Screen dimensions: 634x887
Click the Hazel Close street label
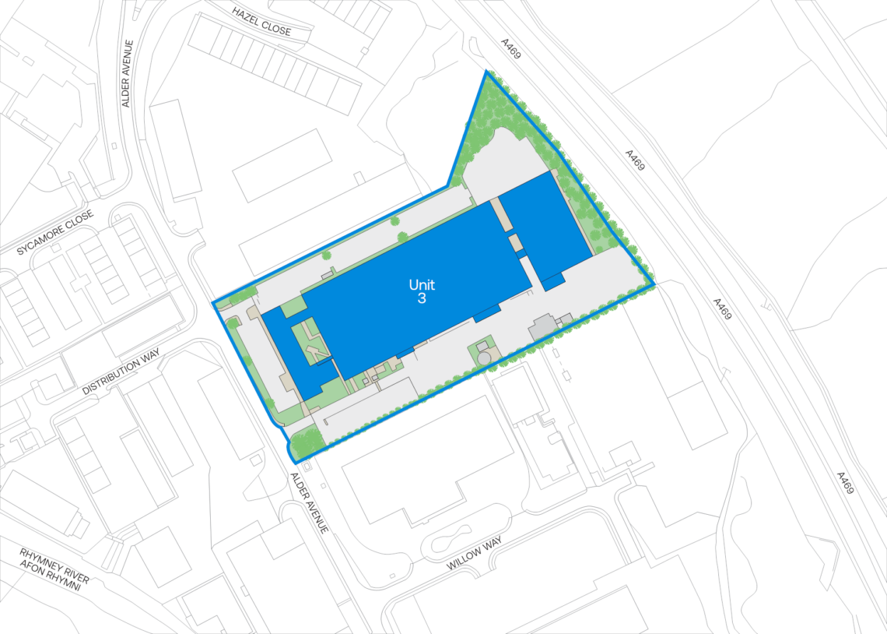click(x=261, y=22)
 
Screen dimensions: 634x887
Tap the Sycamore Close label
click(x=55, y=232)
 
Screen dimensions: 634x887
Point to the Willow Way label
click(x=475, y=554)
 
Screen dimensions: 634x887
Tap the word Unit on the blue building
click(x=422, y=285)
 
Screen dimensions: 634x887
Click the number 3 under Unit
click(x=422, y=298)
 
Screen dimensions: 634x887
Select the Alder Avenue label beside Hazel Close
click(x=128, y=74)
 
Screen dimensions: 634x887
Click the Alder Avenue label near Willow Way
click(x=309, y=502)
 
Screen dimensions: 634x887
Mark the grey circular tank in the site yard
click(x=484, y=358)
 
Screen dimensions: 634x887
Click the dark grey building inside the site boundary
click(x=542, y=327)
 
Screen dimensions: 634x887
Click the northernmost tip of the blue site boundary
click(x=487, y=72)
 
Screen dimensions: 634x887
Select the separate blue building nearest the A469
click(x=544, y=227)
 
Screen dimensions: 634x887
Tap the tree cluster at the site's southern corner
click(x=306, y=442)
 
